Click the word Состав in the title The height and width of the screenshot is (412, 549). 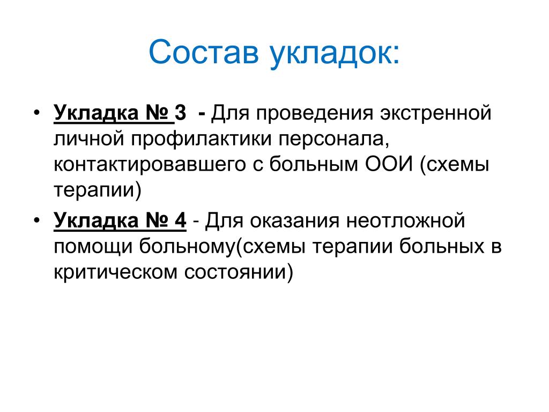click(x=204, y=52)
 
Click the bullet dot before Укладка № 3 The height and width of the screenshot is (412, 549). click(x=37, y=113)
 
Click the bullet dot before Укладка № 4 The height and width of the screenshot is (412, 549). click(x=37, y=220)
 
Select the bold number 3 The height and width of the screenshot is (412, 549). click(x=180, y=113)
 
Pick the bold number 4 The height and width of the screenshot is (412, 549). click(x=180, y=220)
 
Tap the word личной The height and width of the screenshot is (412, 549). click(x=89, y=138)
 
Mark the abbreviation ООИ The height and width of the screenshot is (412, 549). click(x=389, y=164)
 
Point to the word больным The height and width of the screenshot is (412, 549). click(x=314, y=164)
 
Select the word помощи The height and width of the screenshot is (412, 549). click(x=93, y=247)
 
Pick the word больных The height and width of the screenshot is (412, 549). click(x=442, y=246)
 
